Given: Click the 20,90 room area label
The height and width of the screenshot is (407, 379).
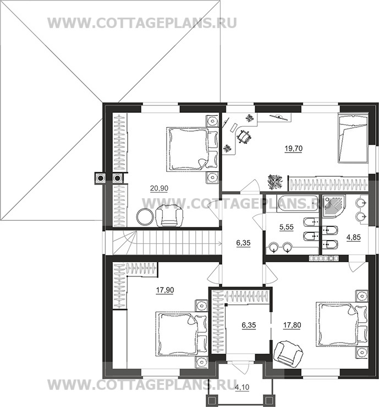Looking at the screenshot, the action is [x=159, y=188].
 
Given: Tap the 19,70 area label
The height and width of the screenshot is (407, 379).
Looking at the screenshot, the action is [x=293, y=149].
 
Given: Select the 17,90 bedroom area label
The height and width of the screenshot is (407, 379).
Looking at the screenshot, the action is [x=165, y=290].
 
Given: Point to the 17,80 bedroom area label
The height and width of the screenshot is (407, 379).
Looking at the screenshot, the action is [x=292, y=325].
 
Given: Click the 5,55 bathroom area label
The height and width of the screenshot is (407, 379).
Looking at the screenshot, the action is [x=287, y=227].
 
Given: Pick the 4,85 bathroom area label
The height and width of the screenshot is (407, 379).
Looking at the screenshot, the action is [x=354, y=237].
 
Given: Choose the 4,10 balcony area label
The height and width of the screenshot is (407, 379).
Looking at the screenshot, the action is [x=242, y=387].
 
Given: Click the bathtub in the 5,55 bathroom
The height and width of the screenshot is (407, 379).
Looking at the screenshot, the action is [x=298, y=204].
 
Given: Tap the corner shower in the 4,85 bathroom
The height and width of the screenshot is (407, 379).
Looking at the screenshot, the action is [x=334, y=207].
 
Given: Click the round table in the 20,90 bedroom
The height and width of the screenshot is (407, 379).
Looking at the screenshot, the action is [x=145, y=217].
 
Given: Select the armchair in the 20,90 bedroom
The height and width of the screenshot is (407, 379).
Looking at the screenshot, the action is [x=169, y=215].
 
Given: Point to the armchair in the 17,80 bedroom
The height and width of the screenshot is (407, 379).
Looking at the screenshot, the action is [x=288, y=352].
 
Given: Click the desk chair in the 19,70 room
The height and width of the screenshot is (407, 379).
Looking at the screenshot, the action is [x=244, y=136].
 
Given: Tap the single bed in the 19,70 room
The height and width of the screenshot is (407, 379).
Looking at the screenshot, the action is [x=353, y=139].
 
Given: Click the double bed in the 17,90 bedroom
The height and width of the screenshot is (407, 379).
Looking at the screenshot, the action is [x=182, y=334].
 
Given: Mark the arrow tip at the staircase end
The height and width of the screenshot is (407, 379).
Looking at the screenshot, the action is [x=221, y=243].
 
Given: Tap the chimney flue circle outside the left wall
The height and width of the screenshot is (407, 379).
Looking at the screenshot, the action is [x=100, y=178].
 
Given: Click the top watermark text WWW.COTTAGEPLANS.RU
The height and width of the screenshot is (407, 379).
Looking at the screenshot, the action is [x=142, y=23].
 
